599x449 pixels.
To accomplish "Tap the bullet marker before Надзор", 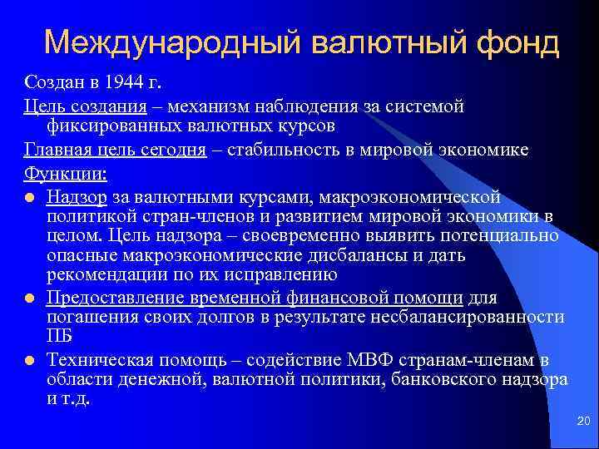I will click(x=30, y=198).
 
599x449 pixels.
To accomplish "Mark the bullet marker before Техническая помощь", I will click(x=30, y=360).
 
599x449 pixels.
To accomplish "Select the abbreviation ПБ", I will click(x=60, y=336).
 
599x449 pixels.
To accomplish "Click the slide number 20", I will click(x=582, y=423).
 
